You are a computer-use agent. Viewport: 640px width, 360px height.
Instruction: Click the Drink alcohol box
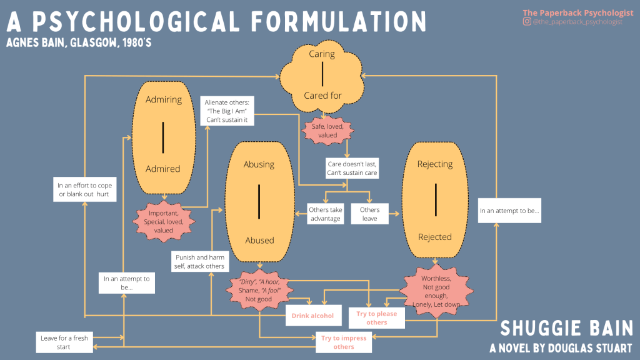[x=312, y=316]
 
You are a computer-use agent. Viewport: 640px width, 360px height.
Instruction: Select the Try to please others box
[x=376, y=317]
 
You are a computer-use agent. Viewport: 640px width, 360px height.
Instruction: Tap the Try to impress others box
[x=344, y=342]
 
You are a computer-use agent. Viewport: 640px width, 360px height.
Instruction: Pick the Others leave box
[x=369, y=214]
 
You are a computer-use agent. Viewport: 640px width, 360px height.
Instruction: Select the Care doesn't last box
[x=352, y=168]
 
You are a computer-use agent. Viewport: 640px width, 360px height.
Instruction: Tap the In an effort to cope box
[x=83, y=189]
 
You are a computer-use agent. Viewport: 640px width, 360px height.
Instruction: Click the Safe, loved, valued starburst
[x=323, y=130]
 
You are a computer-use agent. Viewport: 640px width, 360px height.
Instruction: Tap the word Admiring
[x=163, y=99]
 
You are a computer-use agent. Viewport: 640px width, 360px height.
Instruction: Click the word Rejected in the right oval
[x=435, y=237]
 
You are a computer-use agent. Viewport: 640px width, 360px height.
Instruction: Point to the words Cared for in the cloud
[x=322, y=96]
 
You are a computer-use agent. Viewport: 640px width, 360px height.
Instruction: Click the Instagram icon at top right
[x=527, y=22]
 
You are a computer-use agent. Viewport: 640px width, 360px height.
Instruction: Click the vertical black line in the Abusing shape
[x=259, y=202]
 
